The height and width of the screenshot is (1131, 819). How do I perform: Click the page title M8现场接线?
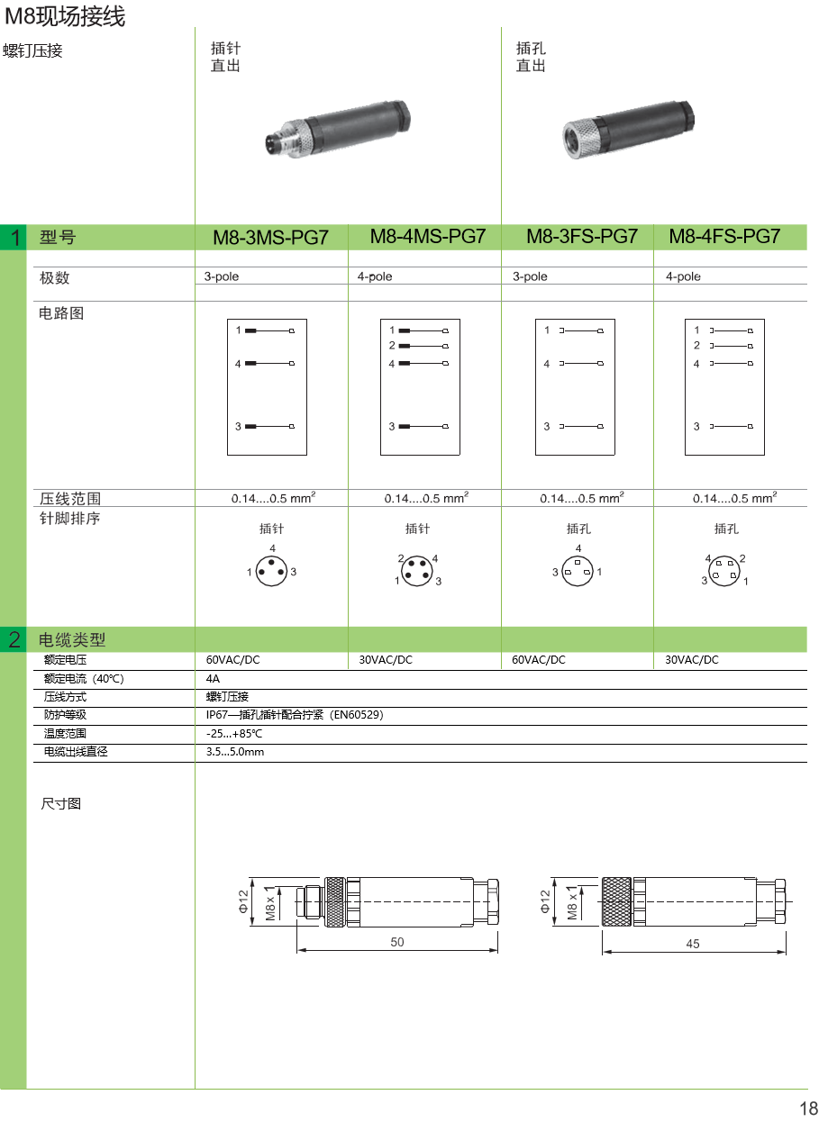click(x=65, y=16)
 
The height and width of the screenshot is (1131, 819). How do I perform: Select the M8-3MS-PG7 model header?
click(x=270, y=238)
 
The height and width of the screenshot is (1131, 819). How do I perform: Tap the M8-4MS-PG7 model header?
click(x=428, y=237)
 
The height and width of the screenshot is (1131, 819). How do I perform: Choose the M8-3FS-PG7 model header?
click(x=581, y=237)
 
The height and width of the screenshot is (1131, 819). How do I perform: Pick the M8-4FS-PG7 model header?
click(x=724, y=237)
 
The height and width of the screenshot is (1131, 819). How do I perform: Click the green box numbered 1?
click(x=14, y=238)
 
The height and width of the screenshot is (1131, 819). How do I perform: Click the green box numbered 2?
click(x=14, y=640)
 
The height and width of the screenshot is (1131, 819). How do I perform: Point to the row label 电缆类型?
click(x=73, y=640)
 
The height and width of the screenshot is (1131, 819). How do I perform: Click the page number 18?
click(x=807, y=1108)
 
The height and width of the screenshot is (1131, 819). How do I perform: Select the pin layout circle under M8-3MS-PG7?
click(x=271, y=570)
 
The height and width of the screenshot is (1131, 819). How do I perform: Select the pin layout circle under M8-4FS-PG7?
click(x=725, y=570)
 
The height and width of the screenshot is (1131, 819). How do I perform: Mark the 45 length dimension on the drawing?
click(x=693, y=944)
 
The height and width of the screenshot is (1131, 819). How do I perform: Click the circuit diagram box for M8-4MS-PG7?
click(x=422, y=386)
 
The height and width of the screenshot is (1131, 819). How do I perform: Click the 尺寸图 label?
click(x=61, y=803)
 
